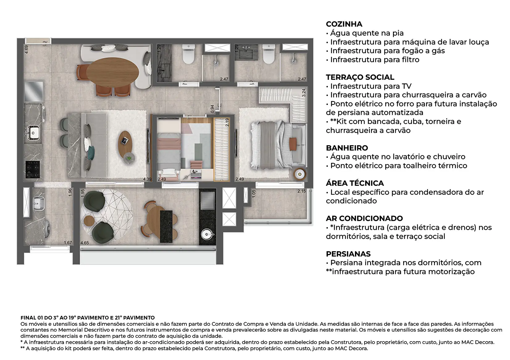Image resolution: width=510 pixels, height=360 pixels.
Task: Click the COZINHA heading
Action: (x=344, y=24)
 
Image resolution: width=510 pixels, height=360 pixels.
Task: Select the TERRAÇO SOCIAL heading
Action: (x=360, y=77)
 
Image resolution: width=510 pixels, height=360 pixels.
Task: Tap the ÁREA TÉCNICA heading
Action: (x=355, y=183)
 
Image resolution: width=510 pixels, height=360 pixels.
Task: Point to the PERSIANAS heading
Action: (x=348, y=254)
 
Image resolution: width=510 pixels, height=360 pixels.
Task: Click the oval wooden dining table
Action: (x=112, y=72)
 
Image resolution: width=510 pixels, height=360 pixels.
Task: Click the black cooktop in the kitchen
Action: (x=32, y=169)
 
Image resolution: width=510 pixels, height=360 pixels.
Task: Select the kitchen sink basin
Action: (x=34, y=132)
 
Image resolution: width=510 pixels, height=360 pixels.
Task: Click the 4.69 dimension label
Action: (x=27, y=49)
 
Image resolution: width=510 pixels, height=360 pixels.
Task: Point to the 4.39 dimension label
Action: (x=147, y=179)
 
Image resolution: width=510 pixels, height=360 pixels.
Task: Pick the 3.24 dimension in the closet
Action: (x=303, y=93)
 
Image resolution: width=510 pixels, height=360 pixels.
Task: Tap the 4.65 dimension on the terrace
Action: (x=85, y=243)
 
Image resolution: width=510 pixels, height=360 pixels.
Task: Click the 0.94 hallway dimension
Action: (x=212, y=109)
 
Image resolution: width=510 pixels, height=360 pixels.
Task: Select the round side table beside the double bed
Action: (x=300, y=174)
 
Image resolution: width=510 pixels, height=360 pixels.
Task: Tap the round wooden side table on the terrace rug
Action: (x=89, y=221)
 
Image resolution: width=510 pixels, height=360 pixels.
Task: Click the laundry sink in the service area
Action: (x=39, y=203)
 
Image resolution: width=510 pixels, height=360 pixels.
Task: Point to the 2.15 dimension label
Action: (x=301, y=191)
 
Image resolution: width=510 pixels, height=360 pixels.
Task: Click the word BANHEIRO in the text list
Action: (x=347, y=148)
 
